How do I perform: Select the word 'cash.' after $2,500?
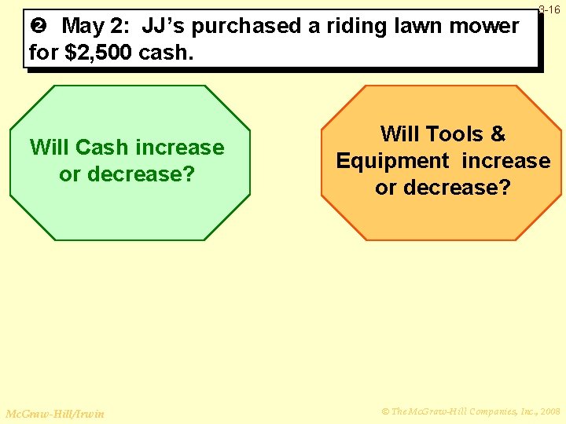pos(160,53)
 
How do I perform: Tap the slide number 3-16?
pos(549,9)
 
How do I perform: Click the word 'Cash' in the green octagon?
pos(104,148)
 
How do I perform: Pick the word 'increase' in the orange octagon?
pos(506,161)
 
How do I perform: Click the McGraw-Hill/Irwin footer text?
pos(54,413)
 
